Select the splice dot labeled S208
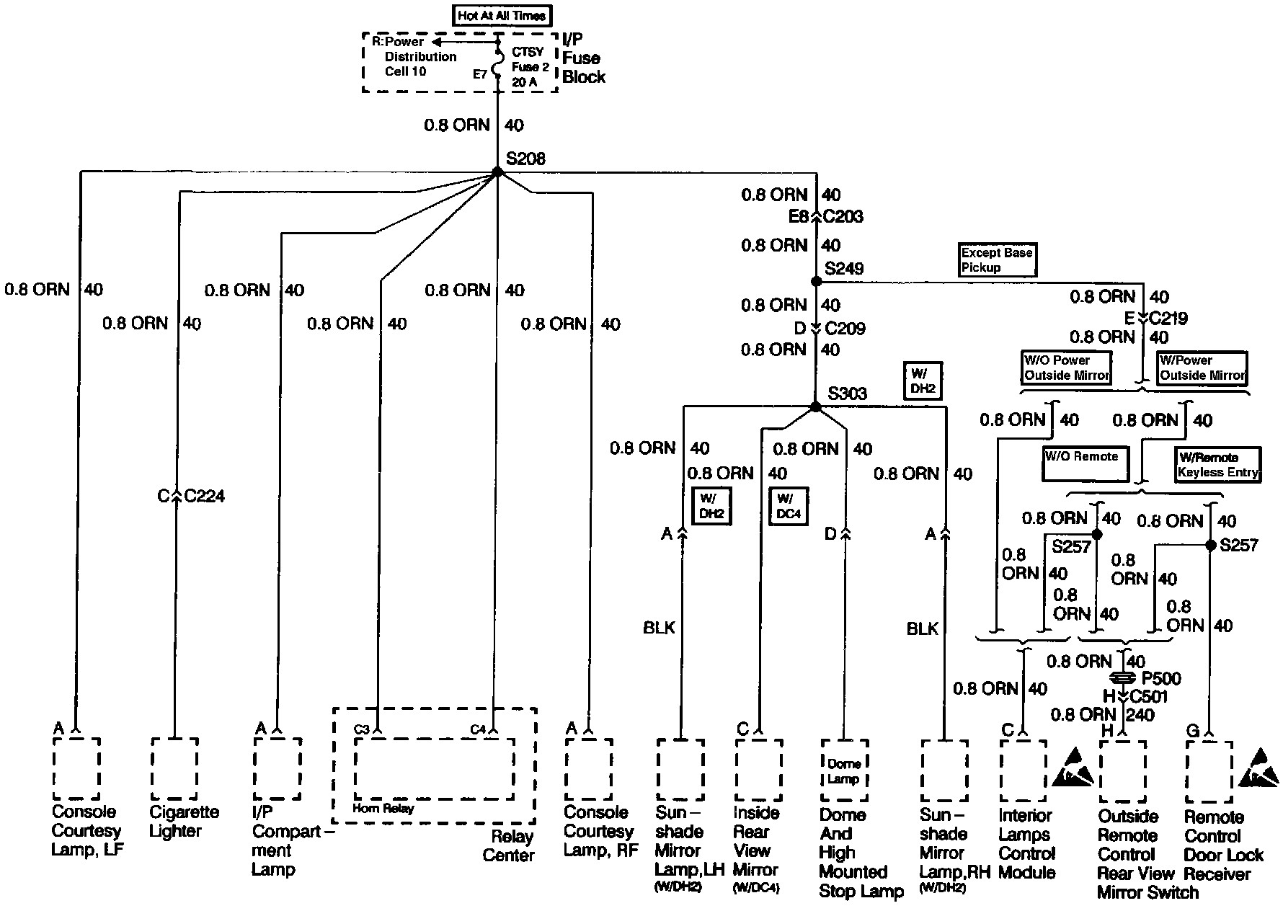tap(497, 172)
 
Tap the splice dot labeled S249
tap(816, 282)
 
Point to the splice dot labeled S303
tap(816, 406)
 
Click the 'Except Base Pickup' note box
tap(998, 260)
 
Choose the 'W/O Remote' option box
tap(1086, 464)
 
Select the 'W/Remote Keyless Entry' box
tap(1218, 465)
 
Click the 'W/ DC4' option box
tap(789, 506)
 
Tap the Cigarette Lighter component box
tap(174, 768)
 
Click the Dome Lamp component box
tap(843, 770)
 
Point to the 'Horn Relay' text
tap(383, 809)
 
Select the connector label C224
tap(205, 496)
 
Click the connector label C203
tap(843, 216)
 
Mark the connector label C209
tap(845, 329)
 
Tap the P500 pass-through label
tap(1161, 678)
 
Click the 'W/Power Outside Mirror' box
tap(1202, 368)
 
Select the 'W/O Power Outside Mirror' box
tap(1067, 368)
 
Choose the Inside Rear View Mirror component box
tap(758, 769)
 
